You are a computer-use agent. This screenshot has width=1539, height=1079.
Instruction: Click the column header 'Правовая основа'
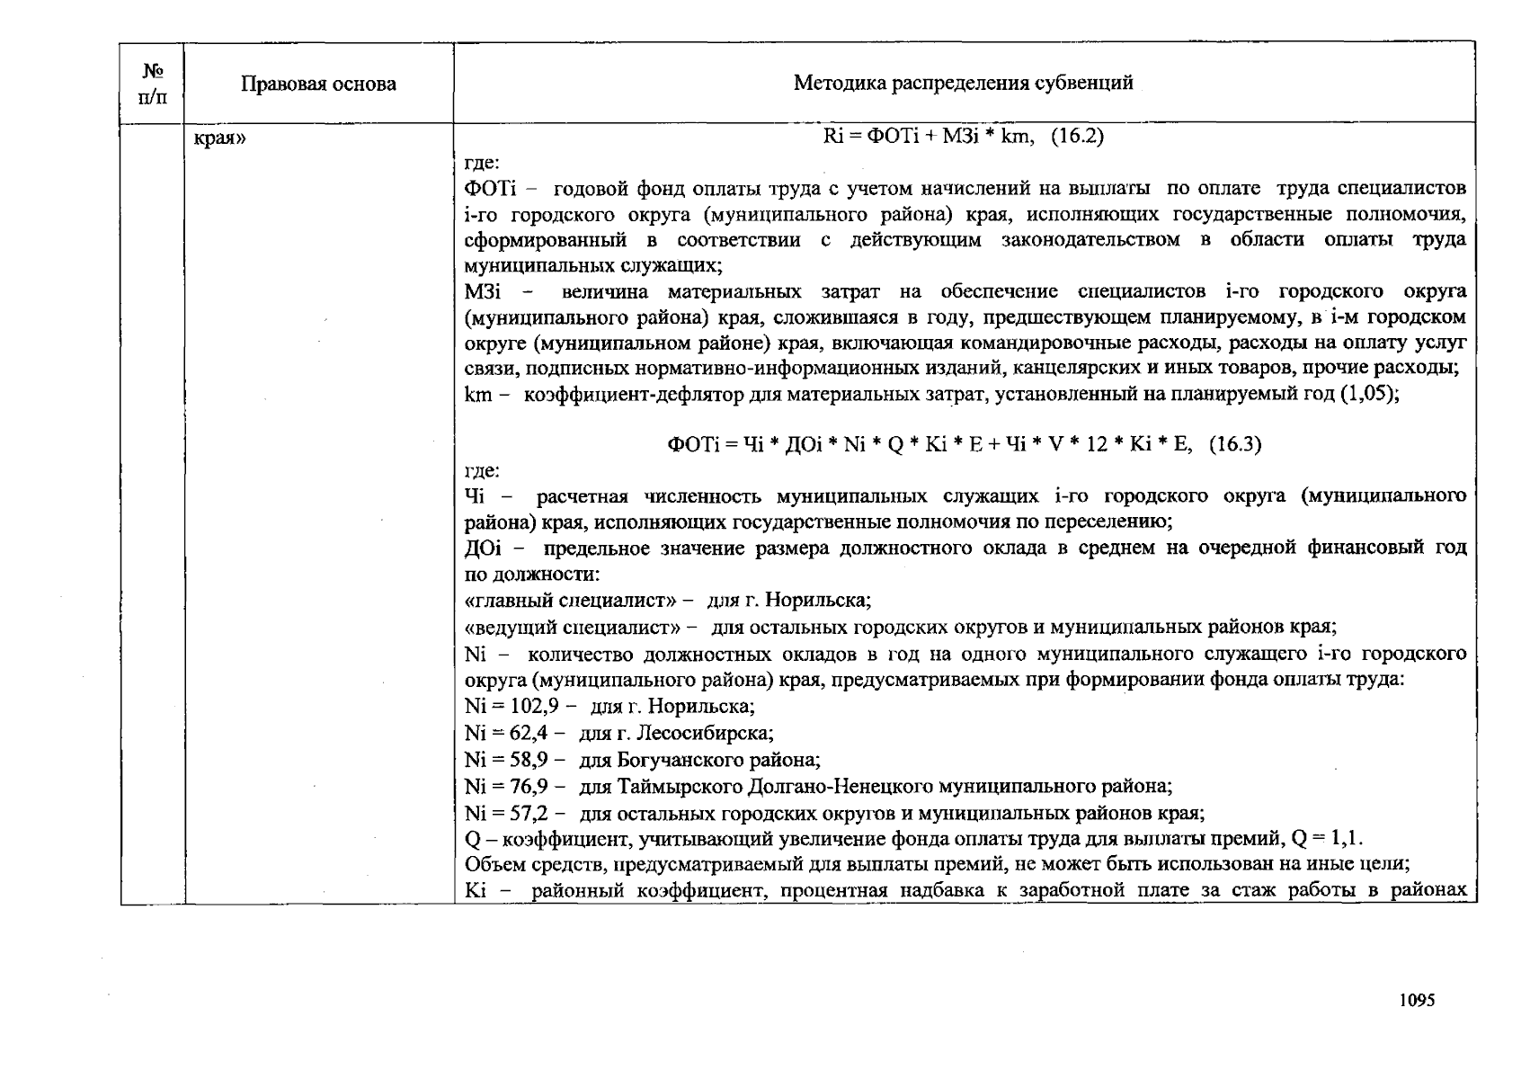point(318,85)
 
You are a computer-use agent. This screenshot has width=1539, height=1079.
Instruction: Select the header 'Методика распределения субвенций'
point(963,84)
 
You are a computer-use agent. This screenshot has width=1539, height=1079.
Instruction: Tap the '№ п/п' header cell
point(152,84)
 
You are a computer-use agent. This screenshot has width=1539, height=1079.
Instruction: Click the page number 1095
point(1417,1000)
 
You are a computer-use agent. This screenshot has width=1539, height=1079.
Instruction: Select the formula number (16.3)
point(1234,444)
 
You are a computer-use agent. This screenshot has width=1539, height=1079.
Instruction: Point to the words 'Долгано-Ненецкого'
point(841,787)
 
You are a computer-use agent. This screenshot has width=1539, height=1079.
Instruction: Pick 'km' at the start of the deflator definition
point(476,394)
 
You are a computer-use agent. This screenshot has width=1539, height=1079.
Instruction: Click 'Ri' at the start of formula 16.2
point(832,137)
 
